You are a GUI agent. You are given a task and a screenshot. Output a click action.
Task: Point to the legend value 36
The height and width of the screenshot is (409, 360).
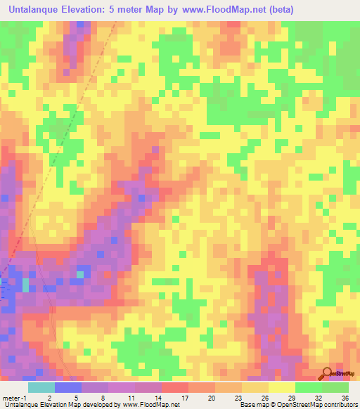click(345, 397)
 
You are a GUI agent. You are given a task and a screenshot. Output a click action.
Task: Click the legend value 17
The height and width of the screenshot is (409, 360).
click(184, 397)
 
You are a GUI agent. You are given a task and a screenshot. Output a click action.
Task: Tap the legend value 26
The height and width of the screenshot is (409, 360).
click(264, 397)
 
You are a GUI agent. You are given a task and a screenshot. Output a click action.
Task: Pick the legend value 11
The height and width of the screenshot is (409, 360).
click(131, 397)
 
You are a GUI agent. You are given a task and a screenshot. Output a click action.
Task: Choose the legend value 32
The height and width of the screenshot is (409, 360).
click(318, 397)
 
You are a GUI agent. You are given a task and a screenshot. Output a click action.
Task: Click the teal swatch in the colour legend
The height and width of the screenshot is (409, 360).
click(41, 387)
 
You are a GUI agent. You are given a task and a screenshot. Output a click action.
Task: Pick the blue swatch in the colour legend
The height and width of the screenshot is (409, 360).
click(67, 387)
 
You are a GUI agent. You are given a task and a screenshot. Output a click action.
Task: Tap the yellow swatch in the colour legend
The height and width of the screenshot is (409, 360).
click(281, 387)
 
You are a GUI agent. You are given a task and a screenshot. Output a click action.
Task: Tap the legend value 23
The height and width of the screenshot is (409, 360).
click(238, 397)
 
